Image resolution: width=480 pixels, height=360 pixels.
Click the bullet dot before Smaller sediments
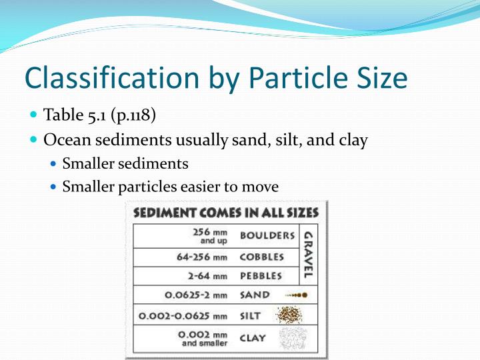pos(53,163)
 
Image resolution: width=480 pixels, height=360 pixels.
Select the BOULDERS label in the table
pos(267,235)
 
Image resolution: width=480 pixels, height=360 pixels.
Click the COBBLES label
pos(262,257)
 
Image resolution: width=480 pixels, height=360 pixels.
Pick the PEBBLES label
pos(261,276)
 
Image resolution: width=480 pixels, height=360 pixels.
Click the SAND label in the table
pos(255,295)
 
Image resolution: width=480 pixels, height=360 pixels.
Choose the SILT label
pos(251,315)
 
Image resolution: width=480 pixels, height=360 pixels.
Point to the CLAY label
pos(253,338)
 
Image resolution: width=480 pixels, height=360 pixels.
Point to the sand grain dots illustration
pos(295,295)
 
